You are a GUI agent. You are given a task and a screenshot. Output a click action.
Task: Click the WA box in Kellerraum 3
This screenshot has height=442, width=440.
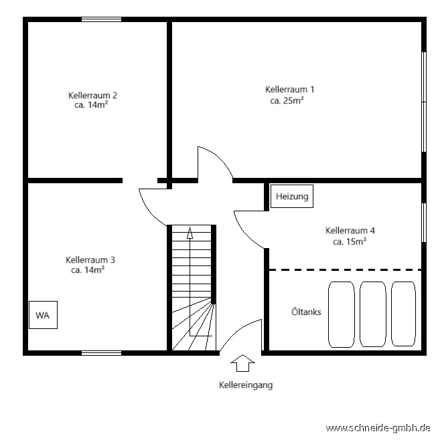coord(43,315)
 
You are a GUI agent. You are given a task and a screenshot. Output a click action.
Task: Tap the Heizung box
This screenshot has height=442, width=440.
coord(292,196)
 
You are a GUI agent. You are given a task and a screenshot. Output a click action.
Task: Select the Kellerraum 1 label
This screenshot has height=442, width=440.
coord(289,90)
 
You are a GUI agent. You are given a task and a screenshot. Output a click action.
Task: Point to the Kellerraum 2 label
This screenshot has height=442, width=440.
coord(92,95)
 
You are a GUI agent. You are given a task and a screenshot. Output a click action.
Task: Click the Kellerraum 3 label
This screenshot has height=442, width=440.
coord(90,259)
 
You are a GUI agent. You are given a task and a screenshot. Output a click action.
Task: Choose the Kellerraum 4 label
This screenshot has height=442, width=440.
coord(350,231)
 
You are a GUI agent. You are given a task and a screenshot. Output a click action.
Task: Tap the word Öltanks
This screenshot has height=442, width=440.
coord(306,312)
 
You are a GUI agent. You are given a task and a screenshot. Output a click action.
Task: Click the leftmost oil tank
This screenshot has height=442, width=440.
coord(342,314)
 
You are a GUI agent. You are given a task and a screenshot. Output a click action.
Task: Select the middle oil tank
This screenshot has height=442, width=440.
coord(373,314)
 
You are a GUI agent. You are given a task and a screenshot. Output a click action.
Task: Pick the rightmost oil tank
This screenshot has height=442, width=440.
coord(403,314)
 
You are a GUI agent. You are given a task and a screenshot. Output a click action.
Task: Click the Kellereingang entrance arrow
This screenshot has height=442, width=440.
coord(242,363)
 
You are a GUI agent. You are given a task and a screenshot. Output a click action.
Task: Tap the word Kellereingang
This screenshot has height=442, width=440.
coord(246,385)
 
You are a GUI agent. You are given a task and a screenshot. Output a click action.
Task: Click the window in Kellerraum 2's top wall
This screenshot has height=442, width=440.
coord(102,19)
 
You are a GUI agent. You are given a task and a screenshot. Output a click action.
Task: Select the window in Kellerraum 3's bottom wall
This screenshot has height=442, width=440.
coord(102,353)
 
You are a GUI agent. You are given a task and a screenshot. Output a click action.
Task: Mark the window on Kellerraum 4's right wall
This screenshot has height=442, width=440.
coord(424,223)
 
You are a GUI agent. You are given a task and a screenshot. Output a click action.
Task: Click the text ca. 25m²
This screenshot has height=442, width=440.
coord(287,100)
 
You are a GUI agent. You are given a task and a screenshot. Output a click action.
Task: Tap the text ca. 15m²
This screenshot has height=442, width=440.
coord(350,241)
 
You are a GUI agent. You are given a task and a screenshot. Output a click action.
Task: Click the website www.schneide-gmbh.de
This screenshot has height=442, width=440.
coord(378,428)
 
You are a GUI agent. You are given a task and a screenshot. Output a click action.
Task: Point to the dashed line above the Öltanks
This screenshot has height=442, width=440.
coord(345,270)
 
